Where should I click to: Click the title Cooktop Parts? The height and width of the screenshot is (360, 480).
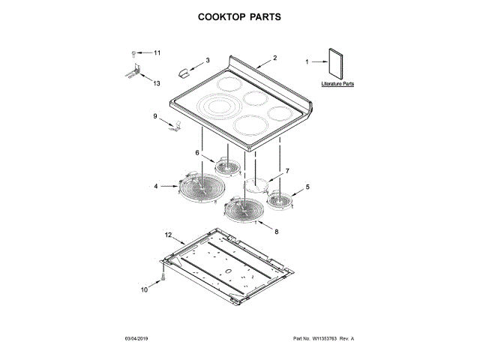[239, 16]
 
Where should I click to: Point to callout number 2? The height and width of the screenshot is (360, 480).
[275, 58]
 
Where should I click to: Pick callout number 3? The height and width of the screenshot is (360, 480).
[208, 60]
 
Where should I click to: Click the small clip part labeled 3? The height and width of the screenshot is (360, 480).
[184, 70]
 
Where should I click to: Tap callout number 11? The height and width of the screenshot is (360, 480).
[157, 53]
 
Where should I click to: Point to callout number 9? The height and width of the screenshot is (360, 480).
[155, 117]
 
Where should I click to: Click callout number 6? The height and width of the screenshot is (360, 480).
[198, 153]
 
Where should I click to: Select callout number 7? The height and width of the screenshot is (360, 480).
[285, 172]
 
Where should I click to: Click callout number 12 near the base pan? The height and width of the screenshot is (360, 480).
[169, 235]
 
